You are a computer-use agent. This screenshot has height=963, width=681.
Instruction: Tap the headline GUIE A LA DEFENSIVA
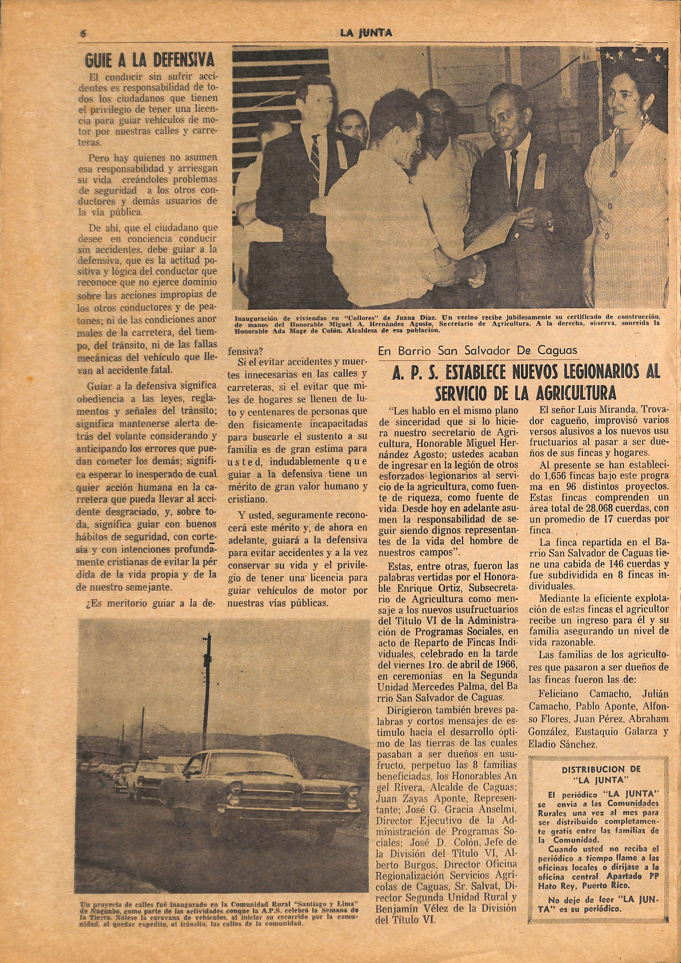click(150, 61)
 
